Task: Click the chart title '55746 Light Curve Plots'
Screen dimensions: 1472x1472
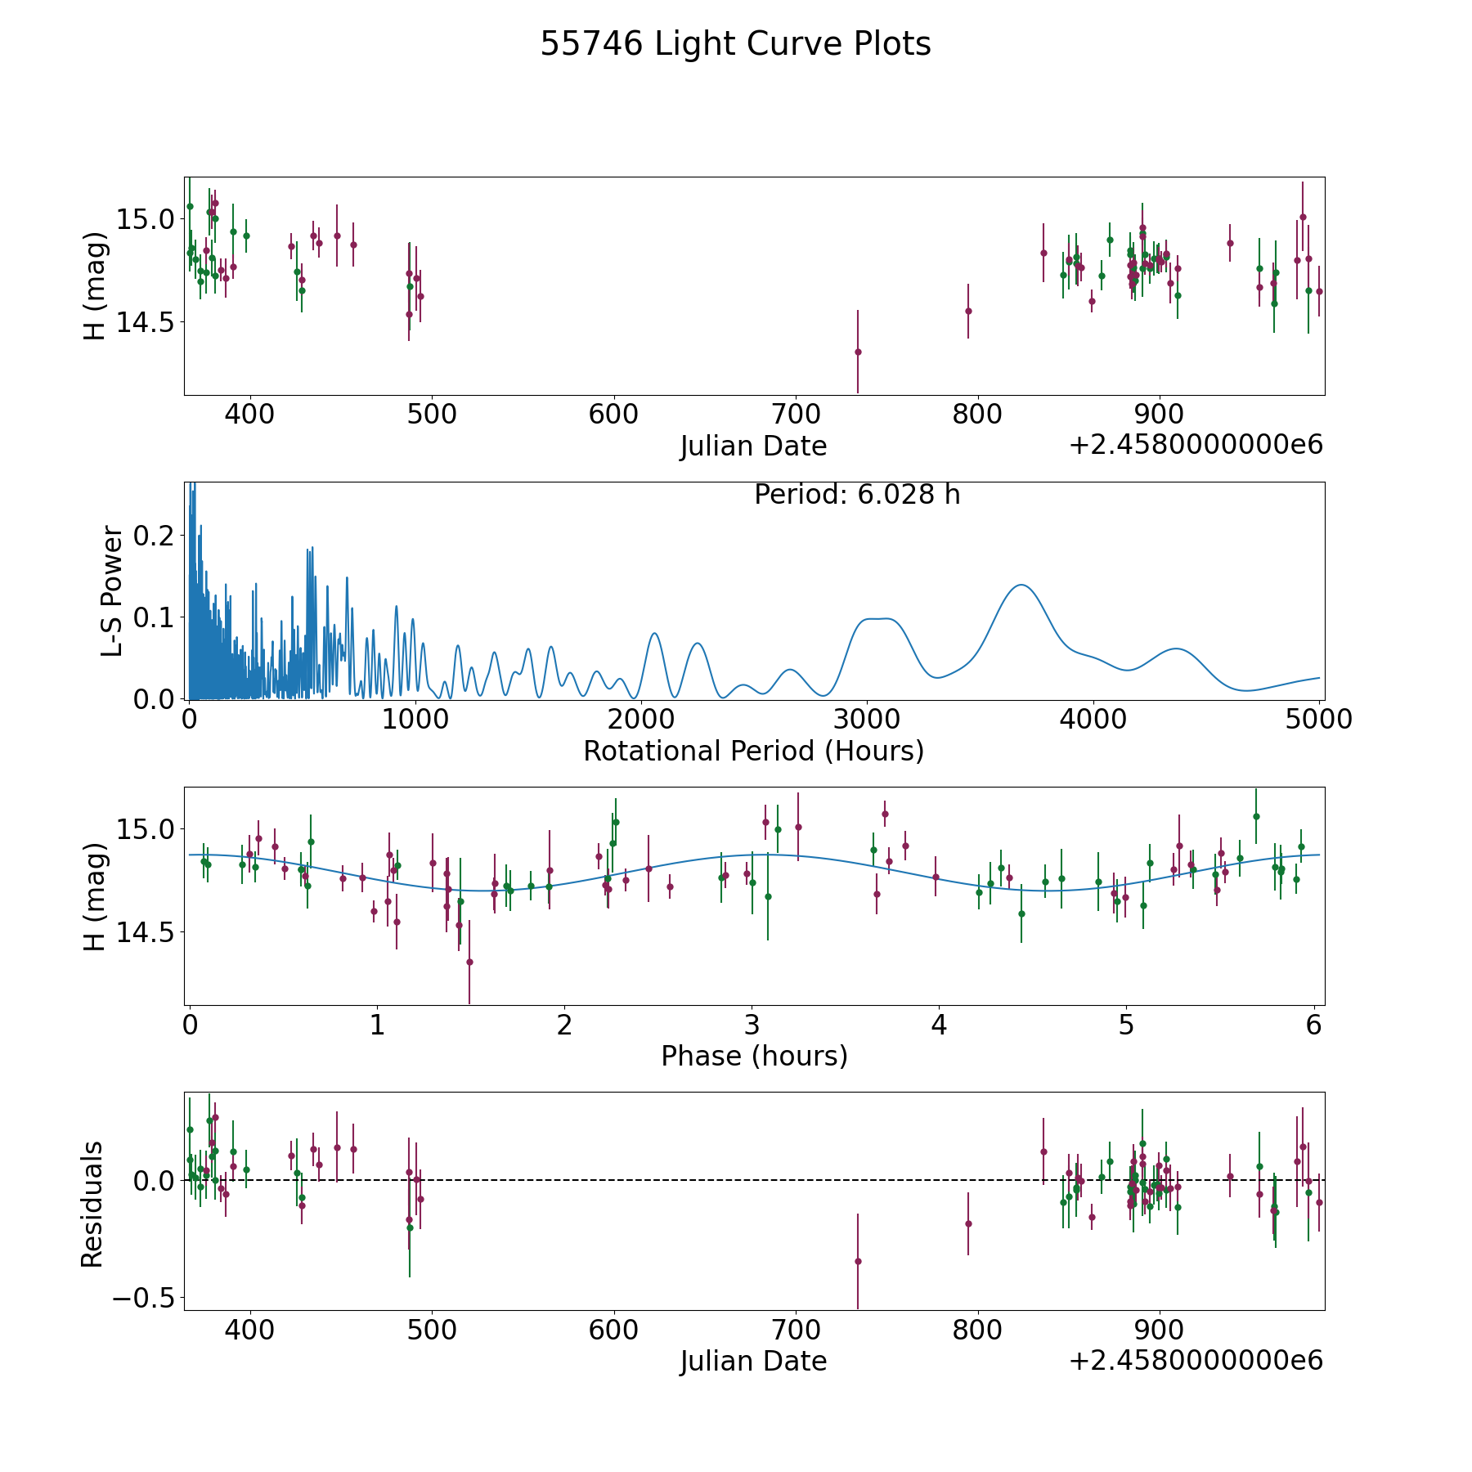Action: coord(735,44)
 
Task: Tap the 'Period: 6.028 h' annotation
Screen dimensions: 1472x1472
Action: coord(857,495)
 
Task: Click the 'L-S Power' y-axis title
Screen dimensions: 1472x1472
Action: coord(112,591)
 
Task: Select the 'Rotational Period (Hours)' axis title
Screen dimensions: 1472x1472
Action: coord(753,751)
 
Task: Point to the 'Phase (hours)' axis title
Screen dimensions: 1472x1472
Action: coord(754,1056)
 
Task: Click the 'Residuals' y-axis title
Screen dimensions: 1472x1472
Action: coord(92,1204)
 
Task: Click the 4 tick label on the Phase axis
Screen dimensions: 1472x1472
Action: coord(939,1025)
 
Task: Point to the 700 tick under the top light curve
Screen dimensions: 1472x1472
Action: coord(796,414)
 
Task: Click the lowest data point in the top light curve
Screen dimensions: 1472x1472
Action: coord(858,352)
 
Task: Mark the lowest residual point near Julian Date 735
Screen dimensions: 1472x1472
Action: coord(858,1261)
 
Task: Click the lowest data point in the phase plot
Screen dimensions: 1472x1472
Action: coord(469,962)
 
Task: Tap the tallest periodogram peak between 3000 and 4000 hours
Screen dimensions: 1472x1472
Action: coord(1021,585)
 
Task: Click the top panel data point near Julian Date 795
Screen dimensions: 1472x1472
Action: coord(968,311)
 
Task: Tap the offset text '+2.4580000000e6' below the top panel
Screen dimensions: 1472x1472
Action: coord(1196,445)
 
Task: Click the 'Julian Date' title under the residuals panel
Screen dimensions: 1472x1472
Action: coord(753,1361)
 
